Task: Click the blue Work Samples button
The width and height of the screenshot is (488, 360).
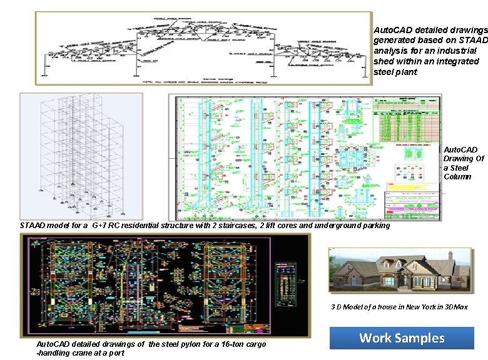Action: (x=402, y=339)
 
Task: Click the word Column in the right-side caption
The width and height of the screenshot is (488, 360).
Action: (x=456, y=177)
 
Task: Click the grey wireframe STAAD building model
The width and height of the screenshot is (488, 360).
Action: (x=81, y=156)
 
